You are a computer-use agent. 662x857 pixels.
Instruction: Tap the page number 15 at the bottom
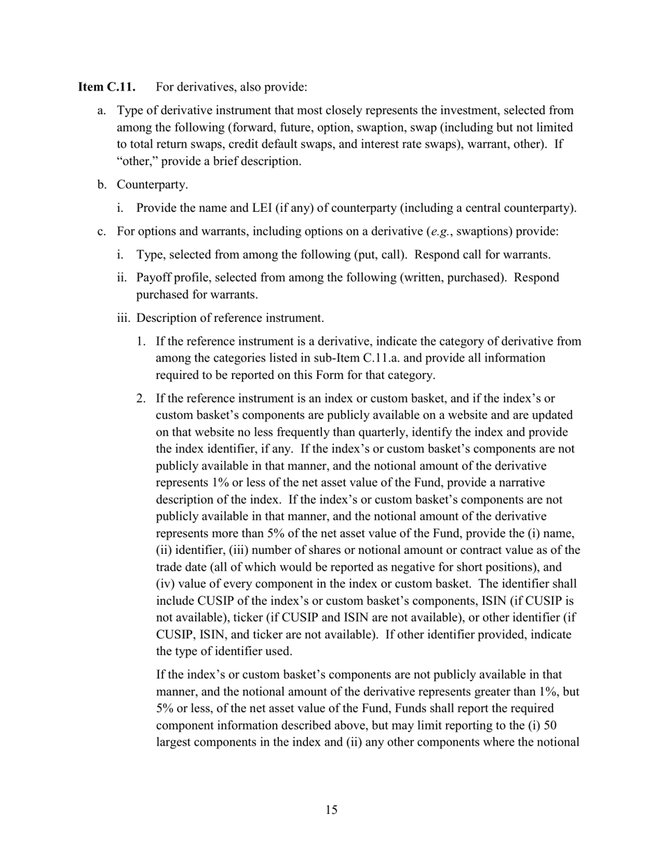pyautogui.click(x=331, y=810)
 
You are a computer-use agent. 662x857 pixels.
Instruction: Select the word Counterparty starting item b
pyautogui.click(x=152, y=185)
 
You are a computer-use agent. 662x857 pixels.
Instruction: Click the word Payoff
pyautogui.click(x=153, y=277)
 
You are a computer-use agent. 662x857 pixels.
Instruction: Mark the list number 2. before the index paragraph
pyautogui.click(x=141, y=399)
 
